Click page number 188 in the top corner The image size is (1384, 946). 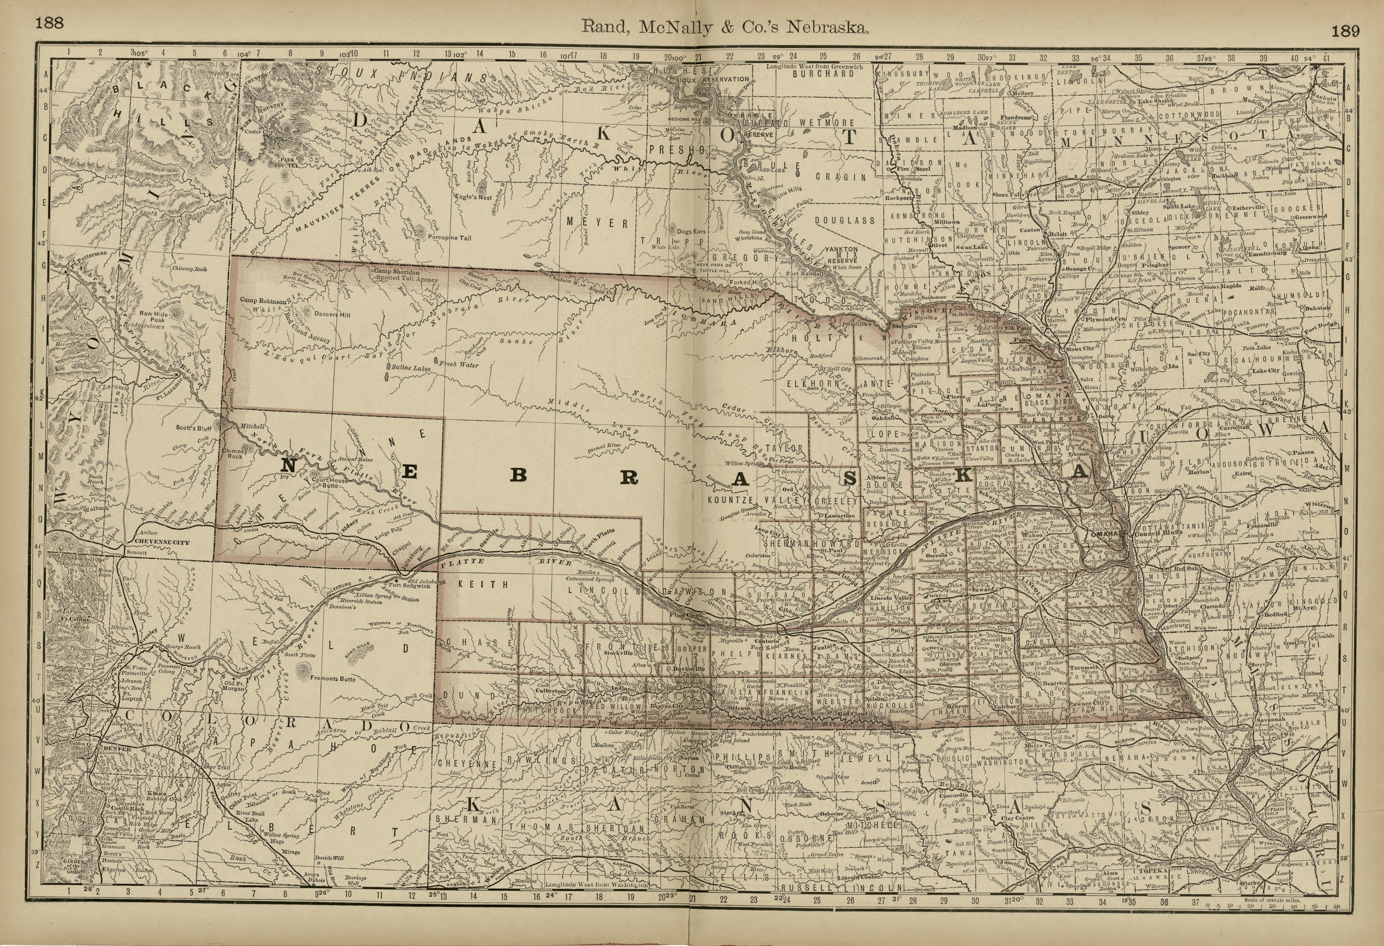click(49, 23)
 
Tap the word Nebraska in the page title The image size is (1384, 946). click(828, 27)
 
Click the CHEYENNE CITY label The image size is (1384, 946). click(161, 542)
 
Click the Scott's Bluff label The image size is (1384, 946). click(194, 427)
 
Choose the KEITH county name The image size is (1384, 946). click(484, 585)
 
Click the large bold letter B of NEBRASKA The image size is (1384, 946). click(519, 475)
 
